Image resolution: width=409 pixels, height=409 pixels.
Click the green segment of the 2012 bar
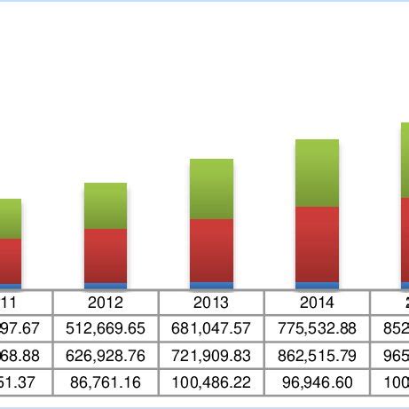tap(106, 206)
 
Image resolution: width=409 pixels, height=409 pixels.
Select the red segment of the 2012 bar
tap(106, 256)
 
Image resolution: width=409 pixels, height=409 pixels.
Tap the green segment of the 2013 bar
tap(211, 189)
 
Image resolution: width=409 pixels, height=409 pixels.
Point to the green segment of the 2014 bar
tap(317, 173)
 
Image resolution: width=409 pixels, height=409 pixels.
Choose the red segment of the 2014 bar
tap(317, 244)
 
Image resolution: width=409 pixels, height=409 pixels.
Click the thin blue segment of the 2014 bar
tap(317, 285)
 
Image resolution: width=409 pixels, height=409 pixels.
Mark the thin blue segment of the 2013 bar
tap(211, 285)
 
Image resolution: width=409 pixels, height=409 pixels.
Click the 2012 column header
tap(106, 302)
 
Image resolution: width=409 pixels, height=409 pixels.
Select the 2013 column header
tap(211, 302)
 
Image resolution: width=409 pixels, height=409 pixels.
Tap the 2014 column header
tap(317, 302)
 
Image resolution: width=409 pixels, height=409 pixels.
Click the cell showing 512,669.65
tap(106, 328)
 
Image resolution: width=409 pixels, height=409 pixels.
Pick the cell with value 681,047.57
tap(211, 328)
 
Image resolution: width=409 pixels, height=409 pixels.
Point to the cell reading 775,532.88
tap(317, 328)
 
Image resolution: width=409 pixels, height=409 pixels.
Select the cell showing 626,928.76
tap(106, 356)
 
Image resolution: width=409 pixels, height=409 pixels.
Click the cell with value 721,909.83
tap(211, 356)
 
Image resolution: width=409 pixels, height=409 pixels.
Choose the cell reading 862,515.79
tap(317, 356)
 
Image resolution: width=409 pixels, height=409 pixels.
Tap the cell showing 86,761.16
tap(106, 383)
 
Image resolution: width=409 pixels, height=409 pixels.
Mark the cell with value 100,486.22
tap(211, 383)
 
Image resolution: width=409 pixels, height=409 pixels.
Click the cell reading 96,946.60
tap(317, 383)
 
